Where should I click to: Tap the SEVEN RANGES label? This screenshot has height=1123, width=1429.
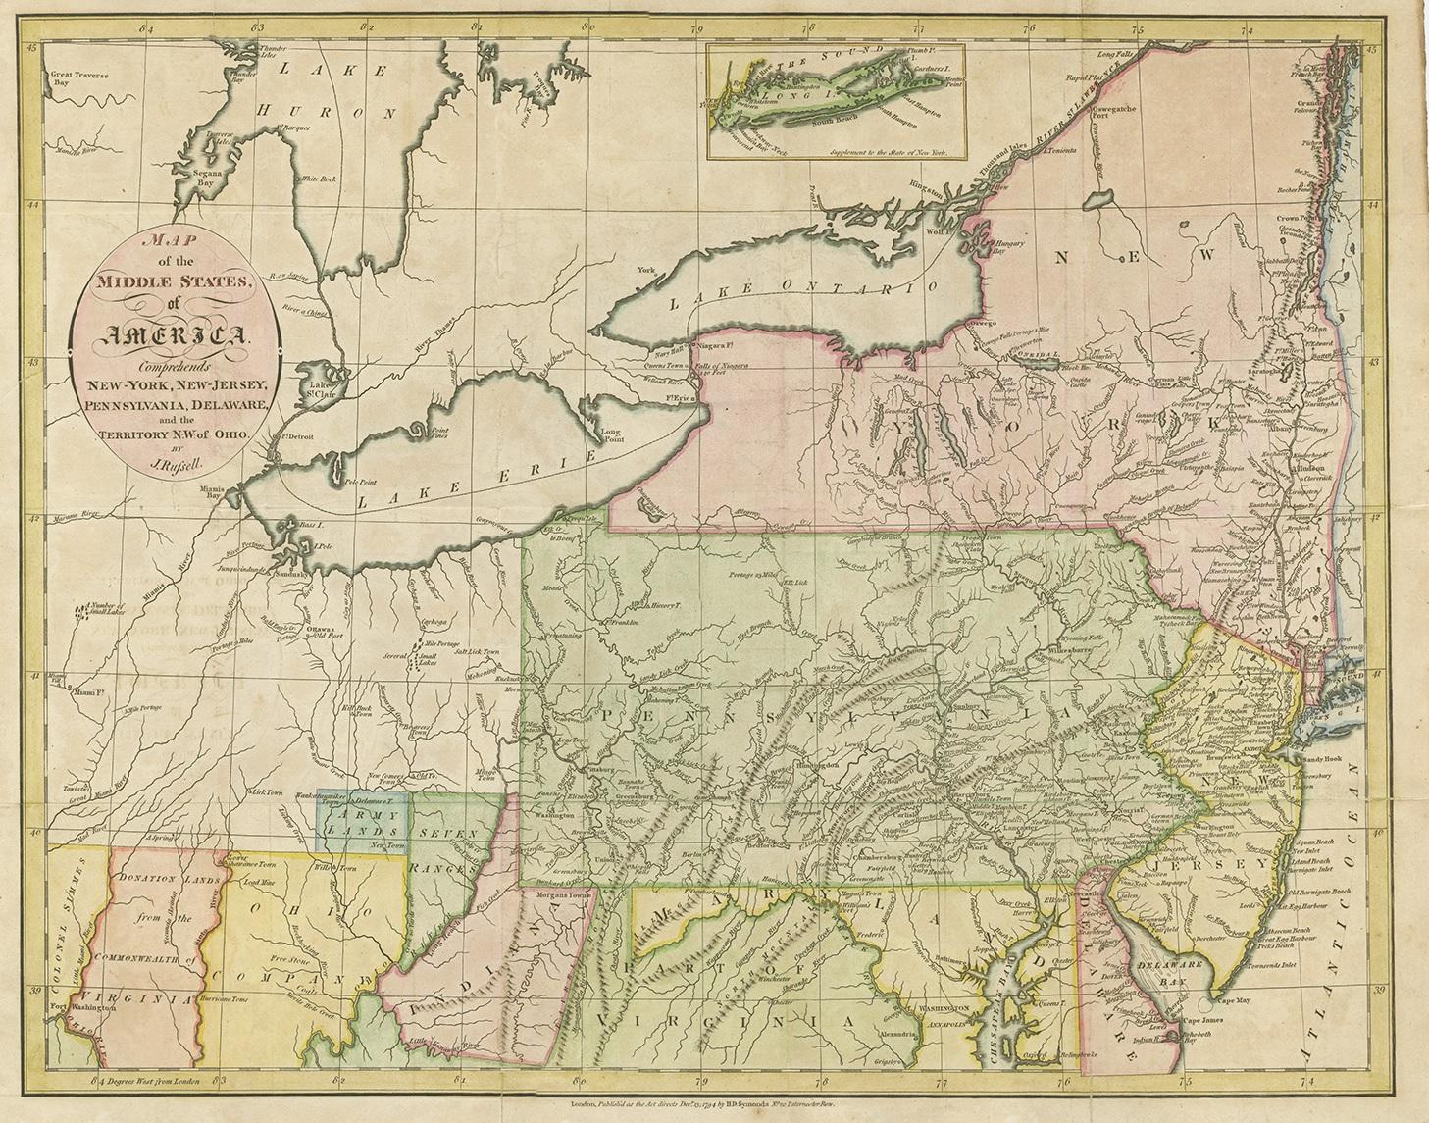[452, 844]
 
